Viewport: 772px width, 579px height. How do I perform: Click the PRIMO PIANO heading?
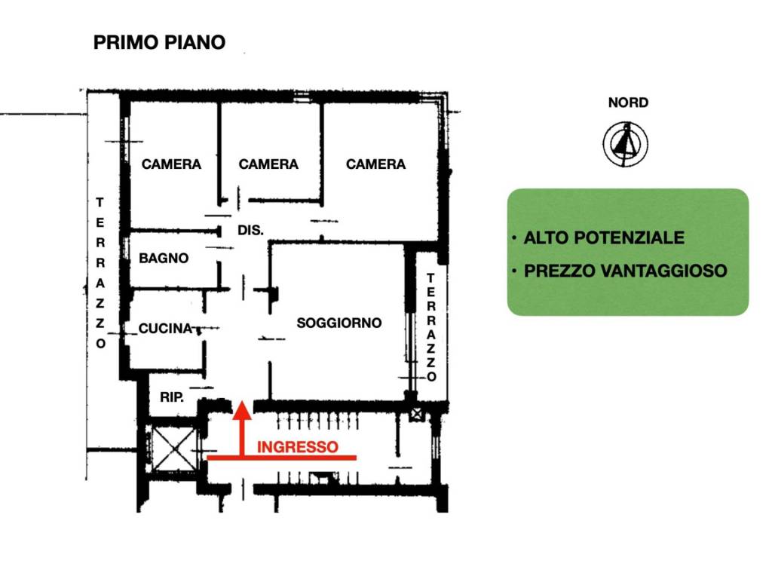[159, 42]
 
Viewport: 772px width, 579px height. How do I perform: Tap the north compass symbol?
[625, 143]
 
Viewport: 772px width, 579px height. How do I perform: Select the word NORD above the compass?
[628, 103]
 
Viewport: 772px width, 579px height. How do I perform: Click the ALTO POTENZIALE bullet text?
[604, 237]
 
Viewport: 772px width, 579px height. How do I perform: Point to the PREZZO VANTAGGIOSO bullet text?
[625, 270]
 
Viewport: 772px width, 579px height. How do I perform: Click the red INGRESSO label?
[297, 447]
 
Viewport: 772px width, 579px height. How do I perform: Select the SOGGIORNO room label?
[339, 323]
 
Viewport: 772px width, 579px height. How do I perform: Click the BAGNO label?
[164, 258]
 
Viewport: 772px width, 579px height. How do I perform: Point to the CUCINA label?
[165, 329]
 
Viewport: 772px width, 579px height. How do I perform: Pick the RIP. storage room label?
[172, 397]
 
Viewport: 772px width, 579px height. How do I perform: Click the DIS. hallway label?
[251, 231]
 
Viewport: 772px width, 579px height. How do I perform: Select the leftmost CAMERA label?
[171, 164]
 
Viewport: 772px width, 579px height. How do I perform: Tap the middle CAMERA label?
[268, 164]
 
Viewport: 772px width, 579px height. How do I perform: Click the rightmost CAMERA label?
[375, 164]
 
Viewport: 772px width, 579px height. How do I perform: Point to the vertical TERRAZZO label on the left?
[100, 272]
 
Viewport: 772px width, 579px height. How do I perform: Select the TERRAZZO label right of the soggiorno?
[430, 327]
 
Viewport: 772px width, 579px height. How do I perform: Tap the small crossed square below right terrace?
[417, 413]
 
